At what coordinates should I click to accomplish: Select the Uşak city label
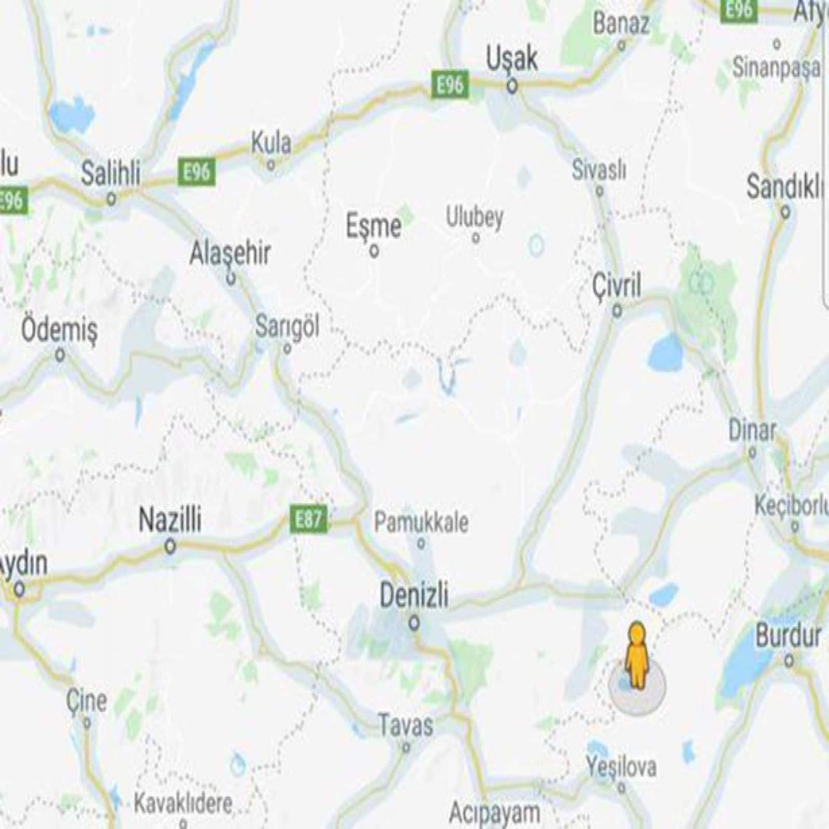(x=512, y=59)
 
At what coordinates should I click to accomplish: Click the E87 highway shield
(x=308, y=518)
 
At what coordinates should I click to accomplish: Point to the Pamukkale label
(x=421, y=522)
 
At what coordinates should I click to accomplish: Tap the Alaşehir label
(x=230, y=253)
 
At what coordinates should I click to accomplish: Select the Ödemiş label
(x=59, y=330)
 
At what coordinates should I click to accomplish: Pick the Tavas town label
(x=405, y=724)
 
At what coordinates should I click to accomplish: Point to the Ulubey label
(x=475, y=217)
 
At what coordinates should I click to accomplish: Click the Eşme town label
(x=373, y=226)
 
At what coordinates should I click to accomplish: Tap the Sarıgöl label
(x=287, y=326)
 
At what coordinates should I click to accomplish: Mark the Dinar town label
(x=752, y=430)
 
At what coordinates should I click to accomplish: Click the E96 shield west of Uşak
(x=450, y=84)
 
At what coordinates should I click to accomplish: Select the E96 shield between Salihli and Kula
(x=196, y=171)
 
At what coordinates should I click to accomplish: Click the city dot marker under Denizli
(x=414, y=623)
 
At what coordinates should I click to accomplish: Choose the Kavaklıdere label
(x=183, y=804)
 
